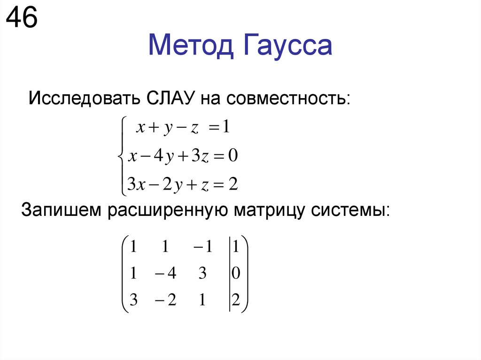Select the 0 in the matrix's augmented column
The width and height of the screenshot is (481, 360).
tap(236, 274)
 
